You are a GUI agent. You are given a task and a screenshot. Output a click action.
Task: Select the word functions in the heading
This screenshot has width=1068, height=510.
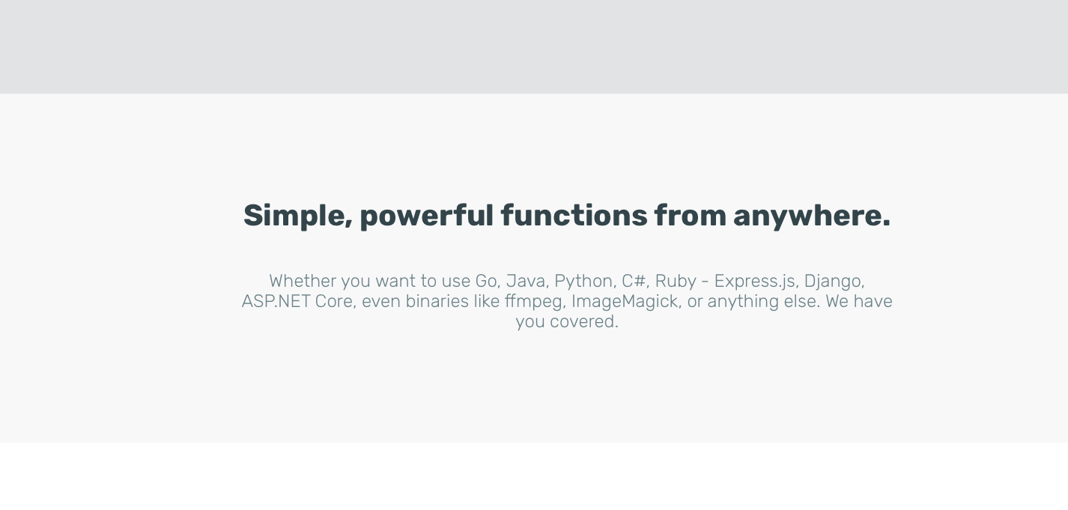point(574,216)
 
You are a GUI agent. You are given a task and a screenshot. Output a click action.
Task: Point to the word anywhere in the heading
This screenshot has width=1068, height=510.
point(811,216)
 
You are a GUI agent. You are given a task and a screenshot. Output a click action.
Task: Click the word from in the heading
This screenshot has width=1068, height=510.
point(690,216)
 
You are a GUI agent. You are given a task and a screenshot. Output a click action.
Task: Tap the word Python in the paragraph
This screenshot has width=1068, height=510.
point(585,282)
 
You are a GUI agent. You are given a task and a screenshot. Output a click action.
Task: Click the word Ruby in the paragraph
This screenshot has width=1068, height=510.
point(676,282)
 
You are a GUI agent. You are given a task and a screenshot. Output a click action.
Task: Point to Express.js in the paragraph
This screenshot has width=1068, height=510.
point(754,282)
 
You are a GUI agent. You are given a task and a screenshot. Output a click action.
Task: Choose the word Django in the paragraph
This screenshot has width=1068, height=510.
point(834,282)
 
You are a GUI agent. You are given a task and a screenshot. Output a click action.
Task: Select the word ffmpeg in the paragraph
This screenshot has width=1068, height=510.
point(534,302)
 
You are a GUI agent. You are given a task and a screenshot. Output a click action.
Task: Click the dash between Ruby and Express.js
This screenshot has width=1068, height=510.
point(705,282)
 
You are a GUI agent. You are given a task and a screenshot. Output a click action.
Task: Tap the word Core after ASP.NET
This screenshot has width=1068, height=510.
point(334,301)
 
